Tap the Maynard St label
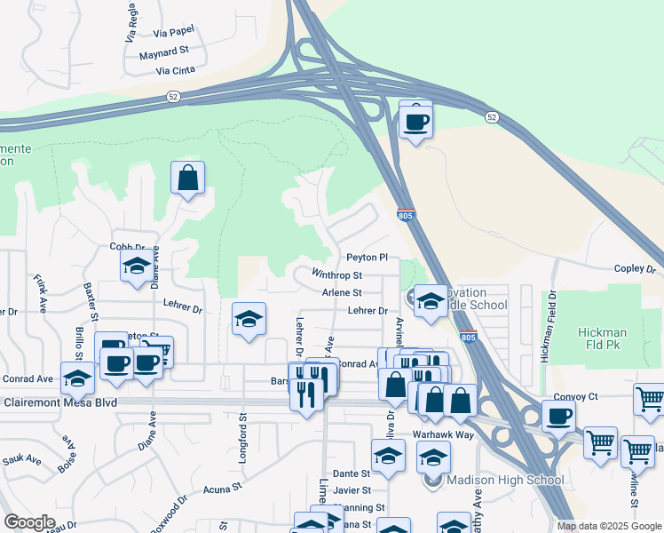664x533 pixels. point(166,53)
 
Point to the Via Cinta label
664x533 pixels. point(174,70)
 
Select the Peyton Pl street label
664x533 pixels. point(367,257)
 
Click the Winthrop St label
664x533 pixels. point(337,274)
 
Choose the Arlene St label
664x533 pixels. point(342,292)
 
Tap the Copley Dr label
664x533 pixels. point(634,268)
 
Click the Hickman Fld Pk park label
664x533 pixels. point(603,338)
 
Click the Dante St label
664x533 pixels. point(351,474)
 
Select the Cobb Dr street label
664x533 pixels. point(127,246)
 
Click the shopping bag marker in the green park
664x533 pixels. point(188,178)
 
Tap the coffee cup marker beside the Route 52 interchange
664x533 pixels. point(415,119)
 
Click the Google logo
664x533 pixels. point(30,522)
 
